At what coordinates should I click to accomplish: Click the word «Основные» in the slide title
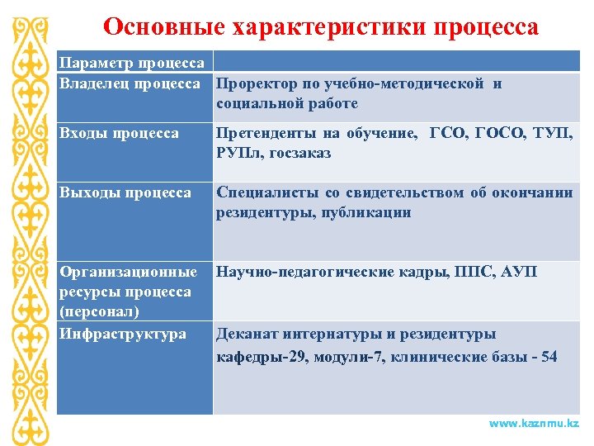coord(153,26)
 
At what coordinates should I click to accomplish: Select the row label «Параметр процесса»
coord(131,64)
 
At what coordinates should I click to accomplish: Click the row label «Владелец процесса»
coord(130,83)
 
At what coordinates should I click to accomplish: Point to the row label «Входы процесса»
coord(119,133)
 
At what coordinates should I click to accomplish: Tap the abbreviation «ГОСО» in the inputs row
coord(494,133)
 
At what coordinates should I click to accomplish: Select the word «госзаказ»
coord(298,153)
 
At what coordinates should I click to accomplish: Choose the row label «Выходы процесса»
coord(124,192)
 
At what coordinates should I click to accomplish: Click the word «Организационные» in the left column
coord(127,272)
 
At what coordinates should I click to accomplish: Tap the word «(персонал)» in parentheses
coord(98,311)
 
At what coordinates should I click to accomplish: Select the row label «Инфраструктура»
coord(121,334)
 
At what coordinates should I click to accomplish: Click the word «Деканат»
coord(247,334)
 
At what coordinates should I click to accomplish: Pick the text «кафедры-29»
coord(257,356)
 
